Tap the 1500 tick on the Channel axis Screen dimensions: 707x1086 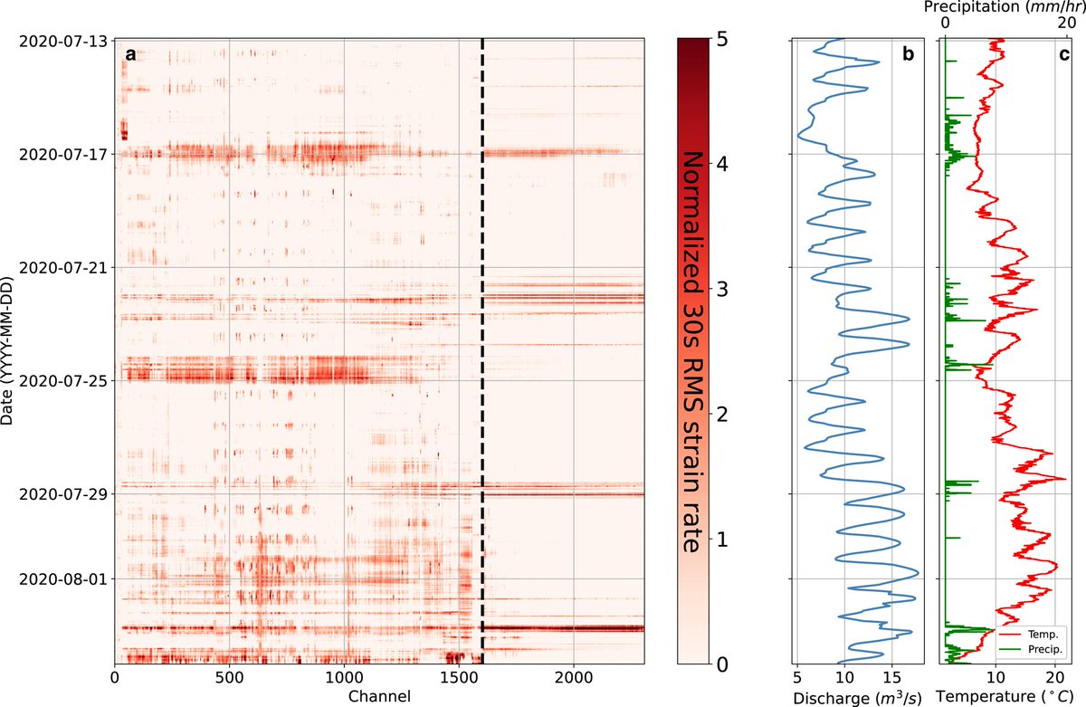(x=459, y=676)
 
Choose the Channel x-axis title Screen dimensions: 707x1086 (x=379, y=694)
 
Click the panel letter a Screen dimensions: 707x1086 (x=130, y=54)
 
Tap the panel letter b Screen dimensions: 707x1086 (x=909, y=54)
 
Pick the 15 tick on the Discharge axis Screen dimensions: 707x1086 (x=891, y=676)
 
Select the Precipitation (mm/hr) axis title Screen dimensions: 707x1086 (x=1005, y=8)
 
